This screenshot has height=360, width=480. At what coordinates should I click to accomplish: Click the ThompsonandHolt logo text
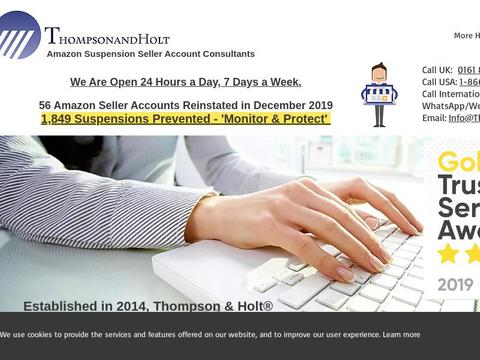(107, 37)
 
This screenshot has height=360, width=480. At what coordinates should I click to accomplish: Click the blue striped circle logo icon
(20, 38)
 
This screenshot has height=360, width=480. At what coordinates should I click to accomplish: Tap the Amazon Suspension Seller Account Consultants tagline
(150, 54)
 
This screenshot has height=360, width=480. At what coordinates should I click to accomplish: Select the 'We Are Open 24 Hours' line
(185, 82)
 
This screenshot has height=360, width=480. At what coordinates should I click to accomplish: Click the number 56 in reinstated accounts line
(45, 105)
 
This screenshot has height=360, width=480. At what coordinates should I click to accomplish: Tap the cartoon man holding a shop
(379, 96)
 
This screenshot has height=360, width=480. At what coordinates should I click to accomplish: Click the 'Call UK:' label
(437, 70)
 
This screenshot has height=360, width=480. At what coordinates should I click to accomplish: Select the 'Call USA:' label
(439, 82)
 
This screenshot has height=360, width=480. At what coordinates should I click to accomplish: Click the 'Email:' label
(434, 118)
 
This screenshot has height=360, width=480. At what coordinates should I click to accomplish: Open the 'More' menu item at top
(463, 35)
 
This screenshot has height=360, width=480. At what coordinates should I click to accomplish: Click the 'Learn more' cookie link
(401, 334)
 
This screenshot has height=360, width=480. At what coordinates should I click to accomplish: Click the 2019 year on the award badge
(457, 284)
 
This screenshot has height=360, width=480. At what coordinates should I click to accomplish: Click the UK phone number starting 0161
(468, 70)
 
